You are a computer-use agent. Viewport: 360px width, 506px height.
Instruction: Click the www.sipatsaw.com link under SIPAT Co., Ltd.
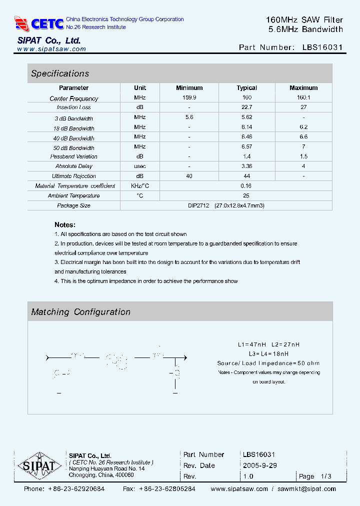click(x=51, y=49)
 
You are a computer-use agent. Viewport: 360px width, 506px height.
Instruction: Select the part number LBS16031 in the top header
click(x=322, y=47)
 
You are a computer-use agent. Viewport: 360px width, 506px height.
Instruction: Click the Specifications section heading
click(x=60, y=73)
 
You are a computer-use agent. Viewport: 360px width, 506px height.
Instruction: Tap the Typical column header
click(x=246, y=88)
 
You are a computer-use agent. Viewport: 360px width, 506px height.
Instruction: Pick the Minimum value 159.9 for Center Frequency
click(x=189, y=98)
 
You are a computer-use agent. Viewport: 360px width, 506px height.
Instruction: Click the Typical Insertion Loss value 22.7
click(x=246, y=107)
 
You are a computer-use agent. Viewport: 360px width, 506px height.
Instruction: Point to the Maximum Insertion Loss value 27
click(x=303, y=107)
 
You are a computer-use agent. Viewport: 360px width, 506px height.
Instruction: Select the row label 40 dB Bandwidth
click(x=74, y=138)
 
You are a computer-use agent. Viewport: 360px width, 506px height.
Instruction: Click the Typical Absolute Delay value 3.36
click(x=246, y=166)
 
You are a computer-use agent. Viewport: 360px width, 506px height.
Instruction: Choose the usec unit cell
click(x=140, y=166)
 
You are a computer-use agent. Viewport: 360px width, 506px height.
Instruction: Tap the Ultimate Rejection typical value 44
click(x=246, y=176)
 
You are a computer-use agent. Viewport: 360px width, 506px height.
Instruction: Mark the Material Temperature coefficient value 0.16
click(x=246, y=186)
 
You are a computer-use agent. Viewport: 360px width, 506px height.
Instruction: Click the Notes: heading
click(x=65, y=225)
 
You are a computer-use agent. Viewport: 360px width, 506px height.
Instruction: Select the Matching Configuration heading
click(x=80, y=312)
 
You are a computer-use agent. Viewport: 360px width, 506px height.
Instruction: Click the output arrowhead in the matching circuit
click(x=184, y=357)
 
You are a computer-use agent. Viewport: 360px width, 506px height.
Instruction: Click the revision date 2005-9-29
click(x=259, y=465)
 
